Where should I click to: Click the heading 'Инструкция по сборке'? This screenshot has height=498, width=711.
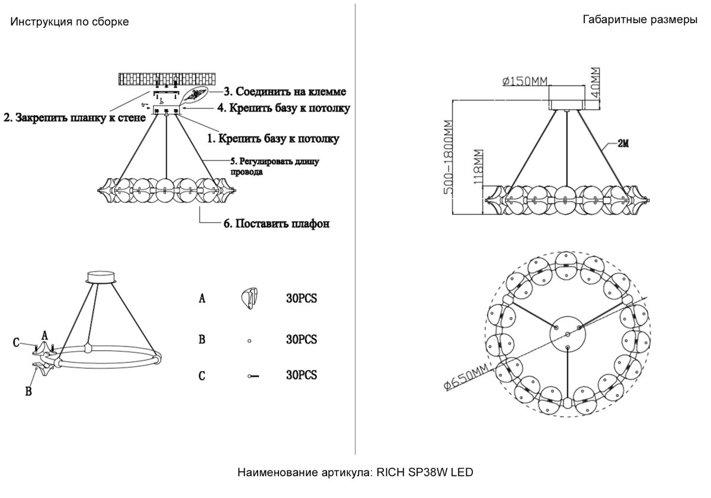(69, 22)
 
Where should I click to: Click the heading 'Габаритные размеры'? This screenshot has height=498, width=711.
(640, 20)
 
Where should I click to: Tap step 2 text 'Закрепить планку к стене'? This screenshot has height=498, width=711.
(75, 118)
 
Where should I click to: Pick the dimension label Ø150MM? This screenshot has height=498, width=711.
(524, 82)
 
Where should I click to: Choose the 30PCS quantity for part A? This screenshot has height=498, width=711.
(301, 299)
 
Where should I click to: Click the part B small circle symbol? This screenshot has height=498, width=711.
(249, 341)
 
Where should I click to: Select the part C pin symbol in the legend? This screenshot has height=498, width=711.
(254, 376)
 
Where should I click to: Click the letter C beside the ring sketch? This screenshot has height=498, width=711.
(18, 343)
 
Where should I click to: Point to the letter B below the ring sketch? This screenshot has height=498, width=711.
(27, 391)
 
